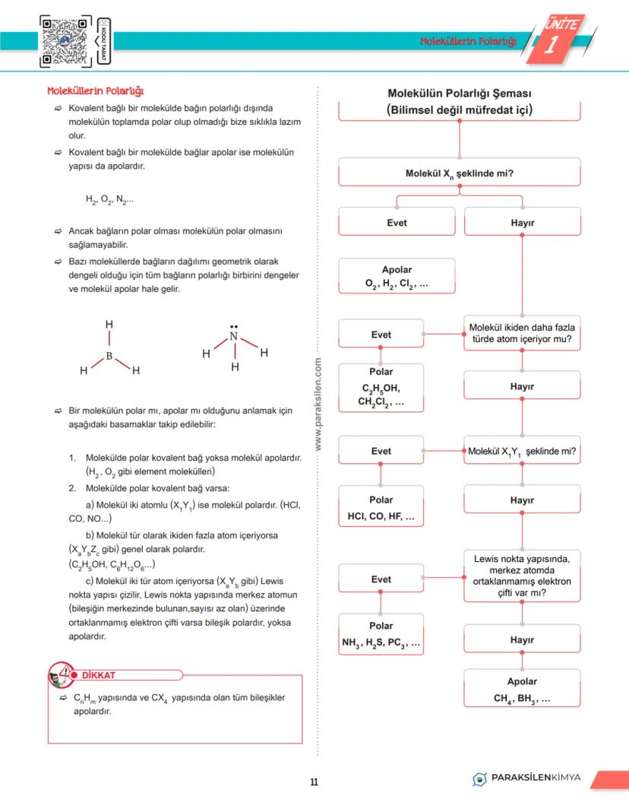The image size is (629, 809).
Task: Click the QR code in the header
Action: pyautogui.click(x=66, y=41)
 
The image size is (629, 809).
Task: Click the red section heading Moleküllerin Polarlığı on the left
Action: pyautogui.click(x=96, y=91)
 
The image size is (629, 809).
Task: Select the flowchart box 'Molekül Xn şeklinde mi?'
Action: pyautogui.click(x=459, y=174)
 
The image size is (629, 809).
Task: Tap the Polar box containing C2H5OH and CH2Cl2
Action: pyautogui.click(x=381, y=388)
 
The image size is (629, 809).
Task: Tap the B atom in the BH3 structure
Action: pyautogui.click(x=109, y=355)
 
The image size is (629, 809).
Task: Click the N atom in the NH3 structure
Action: pyautogui.click(x=234, y=337)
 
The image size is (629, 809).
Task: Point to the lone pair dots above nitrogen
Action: pyautogui.click(x=234, y=325)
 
